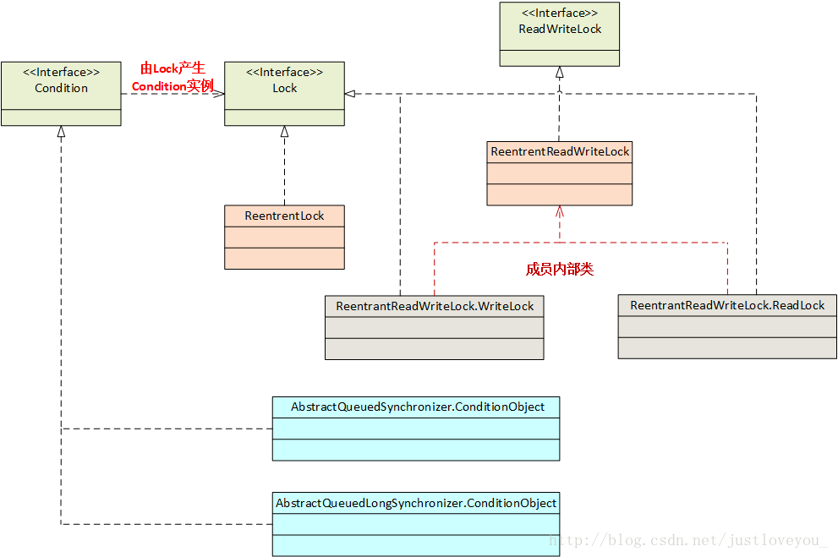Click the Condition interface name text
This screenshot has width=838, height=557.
[61, 88]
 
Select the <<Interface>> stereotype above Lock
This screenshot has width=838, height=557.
[284, 73]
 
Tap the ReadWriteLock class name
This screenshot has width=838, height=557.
[560, 29]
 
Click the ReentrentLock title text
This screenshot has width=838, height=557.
[284, 216]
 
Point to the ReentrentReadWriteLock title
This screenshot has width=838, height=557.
[560, 152]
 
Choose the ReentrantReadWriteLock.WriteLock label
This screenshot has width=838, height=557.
[435, 306]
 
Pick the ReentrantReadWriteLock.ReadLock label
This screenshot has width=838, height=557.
[727, 305]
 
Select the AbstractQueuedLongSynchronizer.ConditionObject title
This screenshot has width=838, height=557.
[416, 503]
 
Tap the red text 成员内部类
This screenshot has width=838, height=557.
[560, 270]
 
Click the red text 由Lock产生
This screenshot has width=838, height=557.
[173, 69]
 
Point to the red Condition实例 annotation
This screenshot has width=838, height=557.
[173, 86]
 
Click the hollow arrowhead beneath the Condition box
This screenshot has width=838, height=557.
[61, 132]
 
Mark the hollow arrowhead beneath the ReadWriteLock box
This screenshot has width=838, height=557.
[559, 73]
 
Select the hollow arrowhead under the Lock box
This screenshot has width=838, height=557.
[284, 132]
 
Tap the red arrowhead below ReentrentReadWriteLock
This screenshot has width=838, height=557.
[559, 211]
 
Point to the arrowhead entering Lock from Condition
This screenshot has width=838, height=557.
[219, 94]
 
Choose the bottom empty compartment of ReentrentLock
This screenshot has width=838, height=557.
[284, 258]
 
